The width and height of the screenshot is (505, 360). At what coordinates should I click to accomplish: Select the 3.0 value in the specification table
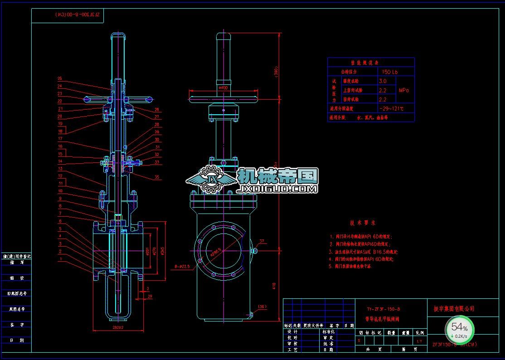point(383,81)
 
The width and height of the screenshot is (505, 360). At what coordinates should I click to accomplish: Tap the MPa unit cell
point(404,90)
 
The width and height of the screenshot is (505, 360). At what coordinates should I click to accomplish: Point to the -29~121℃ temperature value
point(391,108)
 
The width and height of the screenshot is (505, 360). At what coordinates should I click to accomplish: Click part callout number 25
point(59,78)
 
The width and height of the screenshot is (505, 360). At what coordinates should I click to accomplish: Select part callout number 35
point(157,177)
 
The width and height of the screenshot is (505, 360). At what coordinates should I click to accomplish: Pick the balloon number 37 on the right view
point(262,241)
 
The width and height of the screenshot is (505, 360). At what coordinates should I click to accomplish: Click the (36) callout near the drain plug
point(262,307)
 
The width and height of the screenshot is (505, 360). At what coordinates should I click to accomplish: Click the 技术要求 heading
point(362,223)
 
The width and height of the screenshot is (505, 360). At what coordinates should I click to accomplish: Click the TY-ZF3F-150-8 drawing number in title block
point(383,309)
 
